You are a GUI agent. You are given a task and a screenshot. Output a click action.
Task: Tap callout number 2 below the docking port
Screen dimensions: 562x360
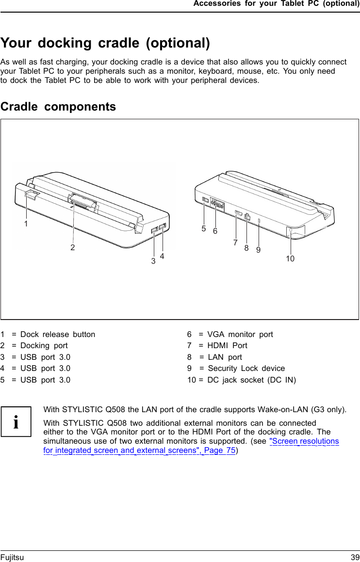coord(72,247)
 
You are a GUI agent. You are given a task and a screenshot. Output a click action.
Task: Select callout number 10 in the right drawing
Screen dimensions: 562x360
coord(290,259)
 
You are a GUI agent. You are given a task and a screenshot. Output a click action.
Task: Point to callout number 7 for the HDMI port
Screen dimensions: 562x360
coord(235,242)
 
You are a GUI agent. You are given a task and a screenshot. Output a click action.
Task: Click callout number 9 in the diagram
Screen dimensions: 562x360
coord(259,250)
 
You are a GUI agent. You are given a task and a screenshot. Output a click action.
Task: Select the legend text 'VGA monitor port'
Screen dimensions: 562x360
coord(240,334)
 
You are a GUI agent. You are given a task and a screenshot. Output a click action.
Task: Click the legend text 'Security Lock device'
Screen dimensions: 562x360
coord(246,368)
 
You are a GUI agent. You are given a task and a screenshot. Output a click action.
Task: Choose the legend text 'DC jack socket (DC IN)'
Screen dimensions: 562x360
coord(251,380)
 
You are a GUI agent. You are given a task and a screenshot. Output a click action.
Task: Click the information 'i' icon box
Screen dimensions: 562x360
coord(16,421)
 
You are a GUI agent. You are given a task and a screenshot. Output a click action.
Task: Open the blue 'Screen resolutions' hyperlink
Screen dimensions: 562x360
coord(304,441)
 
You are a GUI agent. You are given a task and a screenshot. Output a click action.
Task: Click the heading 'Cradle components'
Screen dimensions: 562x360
coord(58,107)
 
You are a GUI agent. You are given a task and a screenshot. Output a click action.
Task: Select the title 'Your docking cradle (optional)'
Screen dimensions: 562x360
coord(105,43)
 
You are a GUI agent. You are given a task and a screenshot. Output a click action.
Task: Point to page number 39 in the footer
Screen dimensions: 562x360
coord(355,558)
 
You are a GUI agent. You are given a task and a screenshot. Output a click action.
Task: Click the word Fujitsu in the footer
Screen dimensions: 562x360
coord(12,558)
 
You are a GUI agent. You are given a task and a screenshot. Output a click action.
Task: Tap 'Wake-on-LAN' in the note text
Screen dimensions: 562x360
coord(283,409)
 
